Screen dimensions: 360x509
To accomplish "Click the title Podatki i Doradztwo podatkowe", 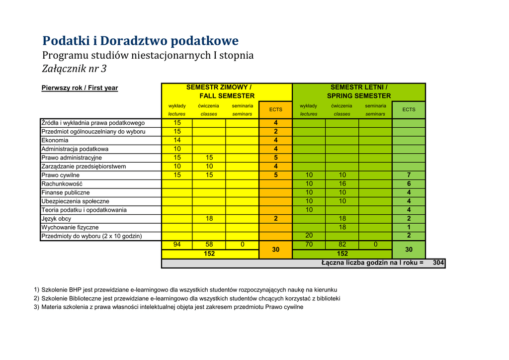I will coord(140,40).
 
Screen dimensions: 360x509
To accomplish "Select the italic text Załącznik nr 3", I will coord(74,69).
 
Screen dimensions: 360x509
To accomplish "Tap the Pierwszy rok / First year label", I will coord(80,88).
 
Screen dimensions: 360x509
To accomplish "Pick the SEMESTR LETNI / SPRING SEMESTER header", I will coord(359,91).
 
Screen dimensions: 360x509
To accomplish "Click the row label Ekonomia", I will coord(55,140).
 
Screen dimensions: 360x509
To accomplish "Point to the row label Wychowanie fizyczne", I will coord(70,227).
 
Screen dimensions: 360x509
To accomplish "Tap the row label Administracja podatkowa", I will coord(75,149).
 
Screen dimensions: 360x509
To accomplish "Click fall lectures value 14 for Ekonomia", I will coord(177,140).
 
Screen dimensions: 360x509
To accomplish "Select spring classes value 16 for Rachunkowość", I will coord(342,184).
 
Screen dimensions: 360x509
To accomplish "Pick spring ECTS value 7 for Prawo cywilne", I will coord(409,175).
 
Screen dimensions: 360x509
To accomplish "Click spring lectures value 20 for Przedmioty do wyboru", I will coord(309,236).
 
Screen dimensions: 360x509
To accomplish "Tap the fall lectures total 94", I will coord(177,245).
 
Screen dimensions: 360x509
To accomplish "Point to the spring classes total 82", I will coord(342,245).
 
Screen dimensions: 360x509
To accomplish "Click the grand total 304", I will coord(439,263).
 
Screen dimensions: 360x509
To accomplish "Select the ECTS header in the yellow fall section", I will coord(276,109).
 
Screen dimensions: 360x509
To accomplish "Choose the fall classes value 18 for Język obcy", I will coord(209,219).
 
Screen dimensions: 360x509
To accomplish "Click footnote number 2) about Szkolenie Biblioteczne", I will coord(36,298).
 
